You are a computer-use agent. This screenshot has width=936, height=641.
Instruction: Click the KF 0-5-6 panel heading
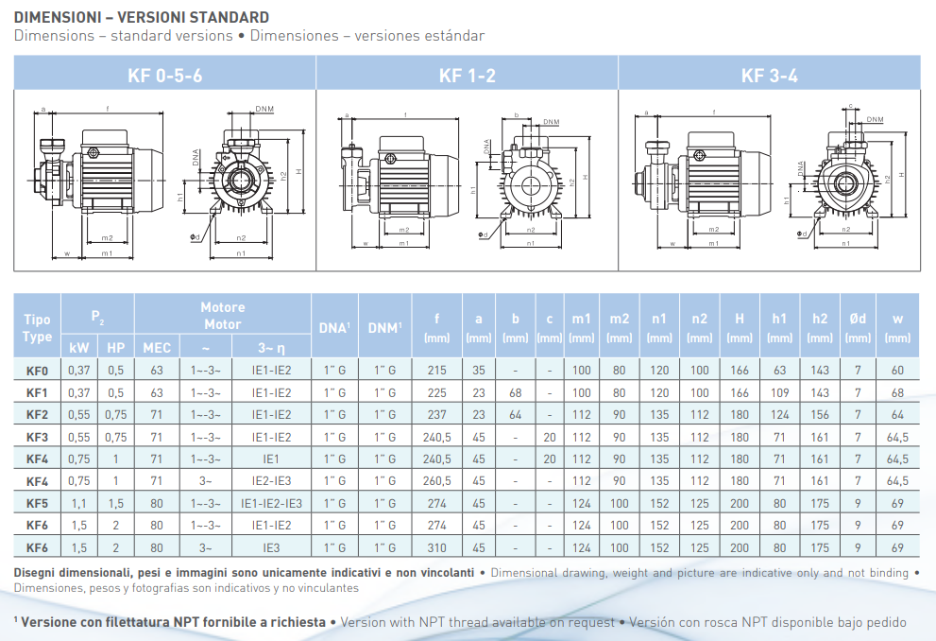(164, 76)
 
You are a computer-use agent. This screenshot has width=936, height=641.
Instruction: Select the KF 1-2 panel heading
(467, 76)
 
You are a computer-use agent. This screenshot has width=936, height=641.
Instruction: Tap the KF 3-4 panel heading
(769, 76)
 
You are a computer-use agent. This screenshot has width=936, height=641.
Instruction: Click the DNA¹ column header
(334, 327)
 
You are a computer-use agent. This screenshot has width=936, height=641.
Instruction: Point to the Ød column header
(858, 319)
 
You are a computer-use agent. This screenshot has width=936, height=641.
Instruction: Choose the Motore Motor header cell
(223, 316)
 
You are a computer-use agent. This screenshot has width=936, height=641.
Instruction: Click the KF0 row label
(37, 371)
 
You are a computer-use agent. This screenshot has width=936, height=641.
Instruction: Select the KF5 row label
(37, 503)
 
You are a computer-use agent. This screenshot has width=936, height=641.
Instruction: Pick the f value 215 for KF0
(437, 371)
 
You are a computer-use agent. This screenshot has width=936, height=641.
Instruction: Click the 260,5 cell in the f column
(437, 481)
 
